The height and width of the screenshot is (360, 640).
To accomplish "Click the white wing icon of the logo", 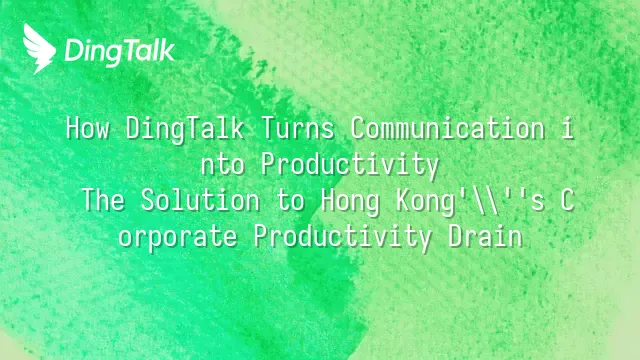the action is coord(39,49).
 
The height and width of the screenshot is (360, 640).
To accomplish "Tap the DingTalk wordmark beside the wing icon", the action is coord(120,51).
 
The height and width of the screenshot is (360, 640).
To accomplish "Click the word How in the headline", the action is coord(87,128).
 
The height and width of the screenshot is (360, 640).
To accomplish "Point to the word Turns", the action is coord(298,128).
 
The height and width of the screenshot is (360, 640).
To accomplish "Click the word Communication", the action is coord(448,128).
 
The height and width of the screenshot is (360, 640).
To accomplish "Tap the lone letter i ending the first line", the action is coord(567,128).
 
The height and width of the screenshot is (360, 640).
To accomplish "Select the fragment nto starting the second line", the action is coord(223,165).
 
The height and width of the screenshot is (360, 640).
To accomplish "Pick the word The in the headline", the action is coord(104,200).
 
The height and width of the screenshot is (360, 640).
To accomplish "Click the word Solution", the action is coord(200,200).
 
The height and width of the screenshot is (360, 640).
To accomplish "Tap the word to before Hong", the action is coord(290,201).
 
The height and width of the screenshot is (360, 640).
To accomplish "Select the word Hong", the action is coord(350,202).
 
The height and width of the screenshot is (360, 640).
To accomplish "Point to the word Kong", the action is coord(425,202).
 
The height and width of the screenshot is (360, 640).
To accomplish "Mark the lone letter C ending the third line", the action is coord(567,200).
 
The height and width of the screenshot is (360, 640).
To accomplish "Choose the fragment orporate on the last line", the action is coord(178,238).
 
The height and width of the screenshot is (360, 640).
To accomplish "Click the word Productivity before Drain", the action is coord(342,238).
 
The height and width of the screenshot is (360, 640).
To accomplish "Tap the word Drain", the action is coord(485,236).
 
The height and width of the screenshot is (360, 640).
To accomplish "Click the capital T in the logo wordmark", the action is coord(125,51).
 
